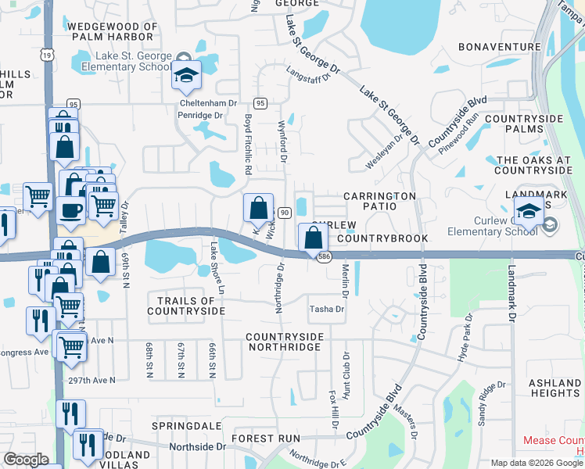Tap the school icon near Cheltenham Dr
[x=188, y=77]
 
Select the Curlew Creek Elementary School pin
[x=529, y=213]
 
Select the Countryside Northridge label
[x=285, y=342]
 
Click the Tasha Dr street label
[x=327, y=310]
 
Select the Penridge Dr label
[x=201, y=115]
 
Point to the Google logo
[x=26, y=460]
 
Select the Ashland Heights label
[x=554, y=388]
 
